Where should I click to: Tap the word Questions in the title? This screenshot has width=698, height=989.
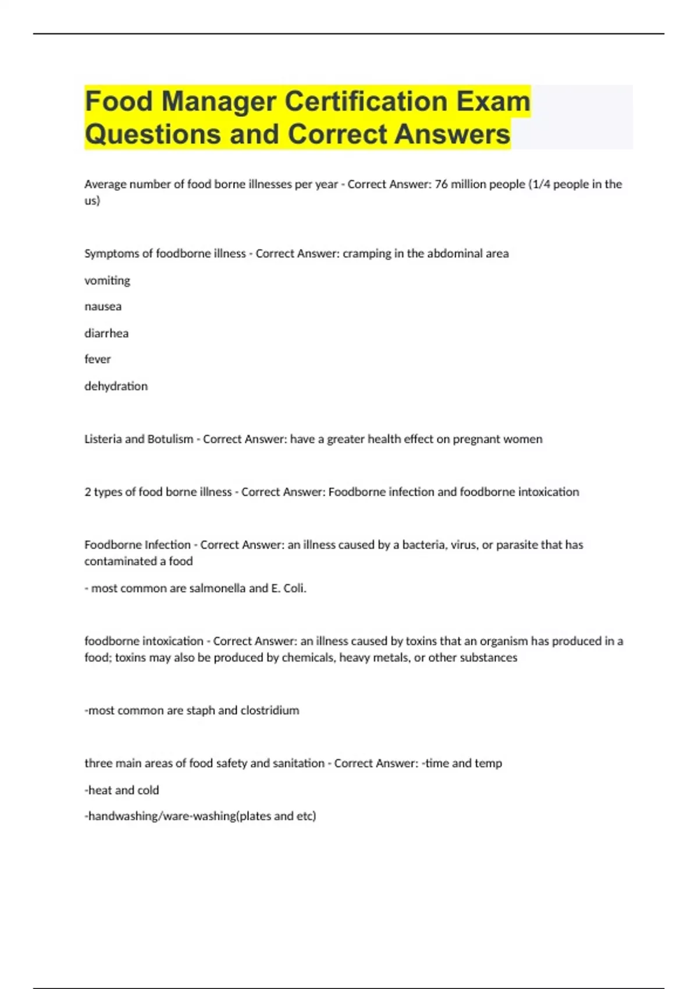pyautogui.click(x=152, y=134)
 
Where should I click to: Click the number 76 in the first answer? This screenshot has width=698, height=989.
pyautogui.click(x=441, y=184)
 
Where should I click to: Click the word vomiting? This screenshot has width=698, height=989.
pyautogui.click(x=107, y=280)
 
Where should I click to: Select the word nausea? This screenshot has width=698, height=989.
pyautogui.click(x=103, y=307)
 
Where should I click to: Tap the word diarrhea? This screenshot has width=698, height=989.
pyautogui.click(x=106, y=333)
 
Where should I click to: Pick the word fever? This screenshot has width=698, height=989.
pyautogui.click(x=97, y=360)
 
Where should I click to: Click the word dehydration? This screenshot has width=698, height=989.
pyautogui.click(x=116, y=386)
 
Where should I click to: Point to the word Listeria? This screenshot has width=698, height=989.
pyautogui.click(x=102, y=439)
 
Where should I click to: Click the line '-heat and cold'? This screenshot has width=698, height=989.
pyautogui.click(x=122, y=790)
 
